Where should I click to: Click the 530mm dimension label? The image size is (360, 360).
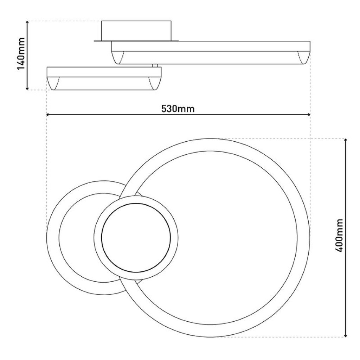click(x=178, y=109)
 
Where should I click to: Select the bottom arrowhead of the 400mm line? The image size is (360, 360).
click(x=346, y=335)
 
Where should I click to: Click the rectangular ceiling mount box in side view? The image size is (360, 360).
click(x=136, y=31)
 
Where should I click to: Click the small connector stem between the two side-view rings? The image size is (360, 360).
click(x=154, y=65)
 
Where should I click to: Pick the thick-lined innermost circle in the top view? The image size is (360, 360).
click(x=136, y=237)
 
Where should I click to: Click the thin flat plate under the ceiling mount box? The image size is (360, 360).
click(x=136, y=41)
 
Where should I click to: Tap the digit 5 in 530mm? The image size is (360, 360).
click(x=164, y=109)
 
